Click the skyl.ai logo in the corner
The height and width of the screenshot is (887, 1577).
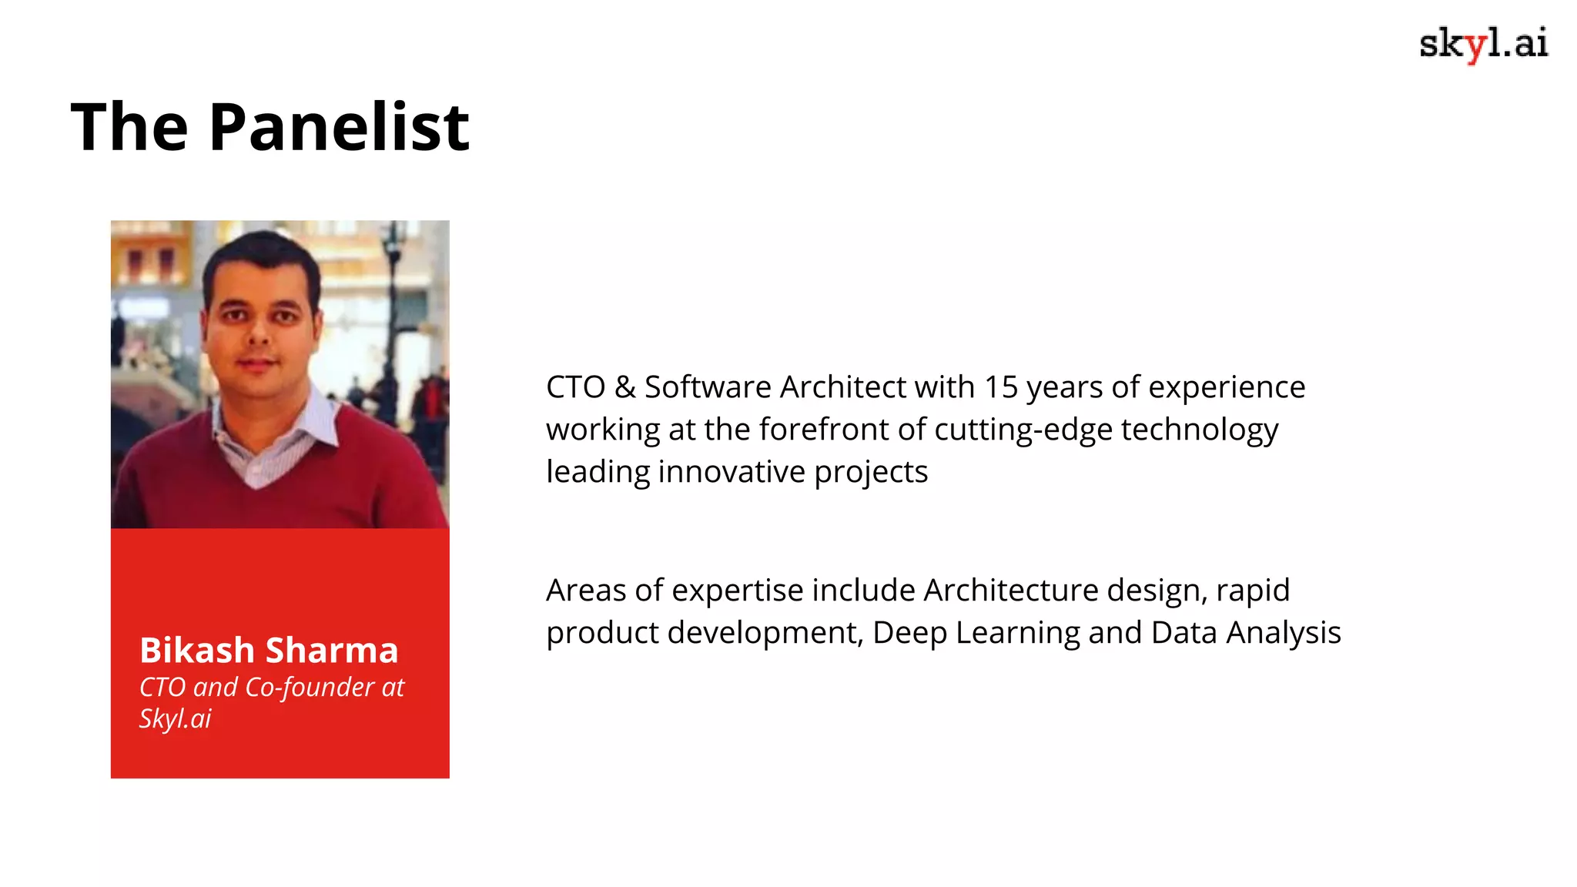1483,44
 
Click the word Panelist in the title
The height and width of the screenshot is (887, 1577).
339,127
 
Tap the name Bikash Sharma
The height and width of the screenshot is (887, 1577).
269,651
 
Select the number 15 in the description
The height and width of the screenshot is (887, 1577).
1001,387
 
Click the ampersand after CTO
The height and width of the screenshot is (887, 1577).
624,387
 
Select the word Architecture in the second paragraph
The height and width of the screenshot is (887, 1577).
1010,591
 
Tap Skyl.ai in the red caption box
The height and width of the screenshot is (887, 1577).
175,718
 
